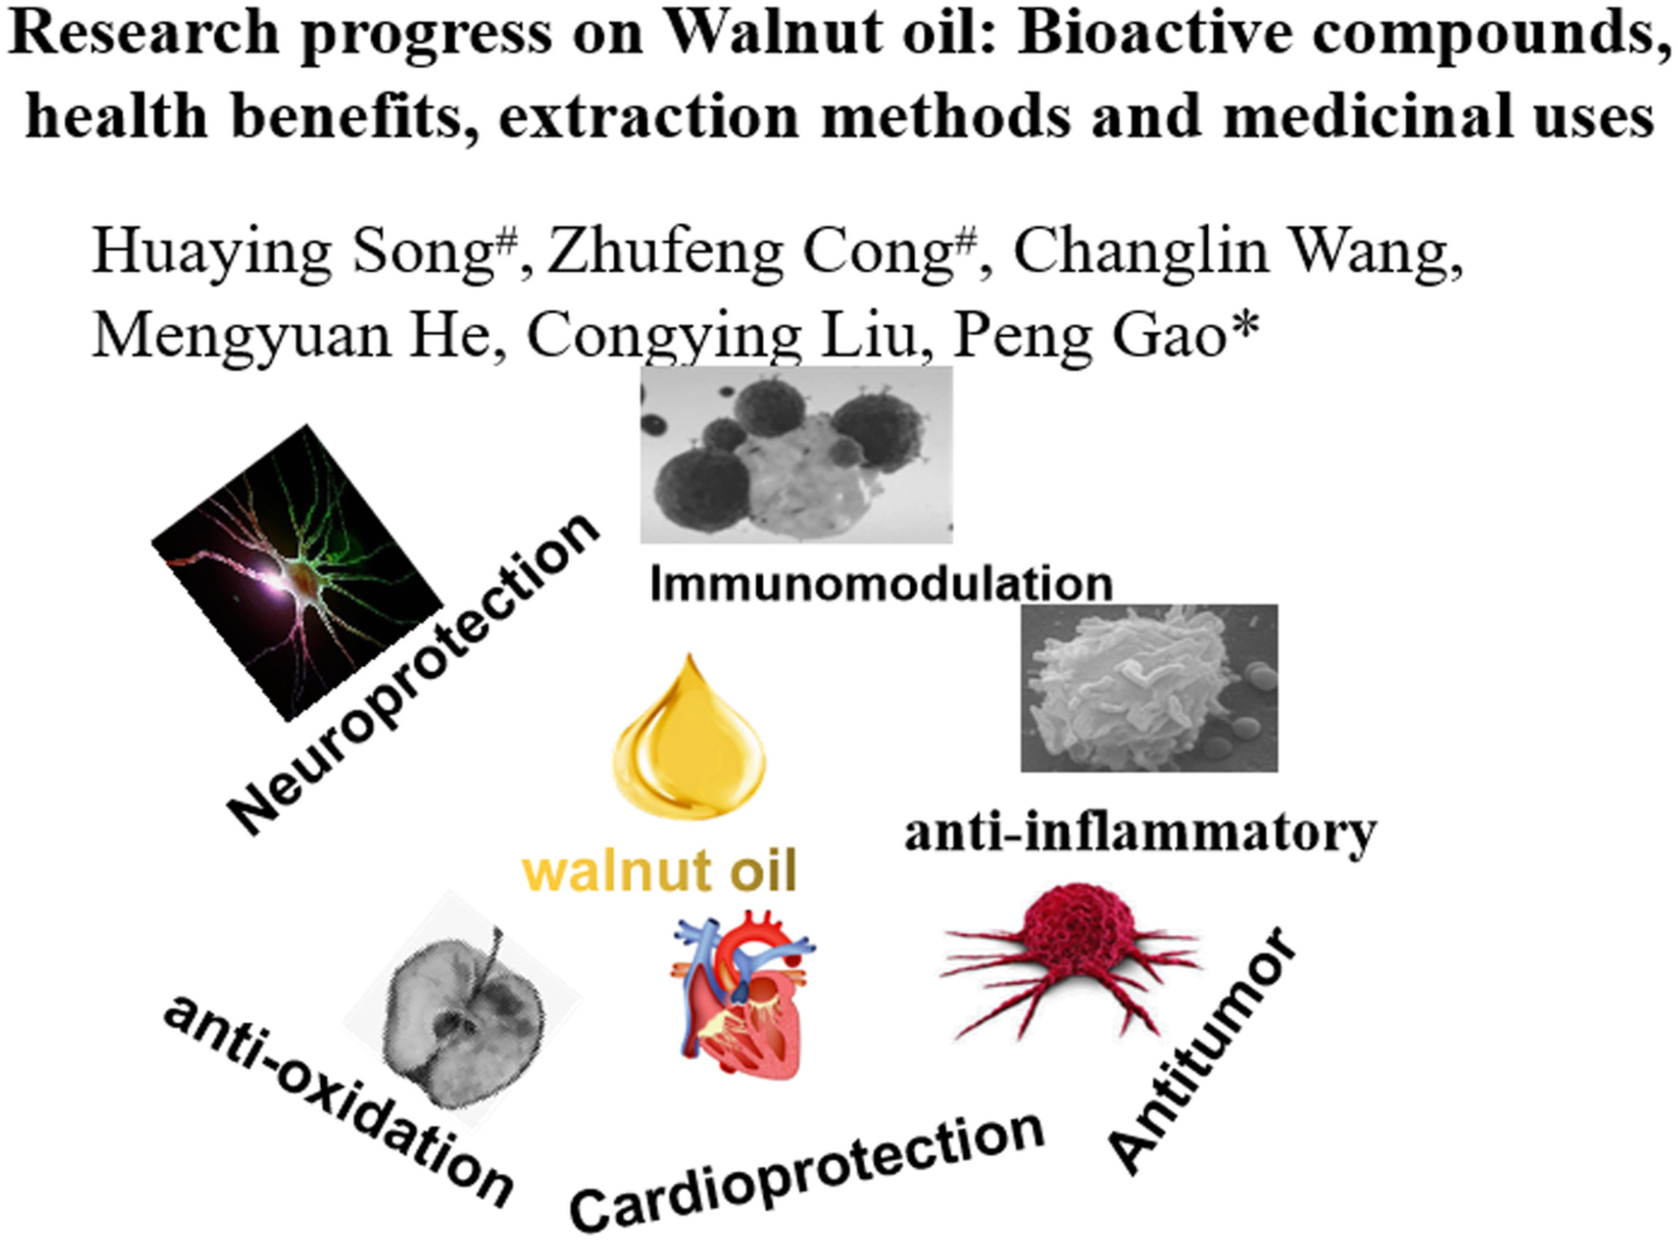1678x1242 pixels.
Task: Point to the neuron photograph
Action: pos(297,573)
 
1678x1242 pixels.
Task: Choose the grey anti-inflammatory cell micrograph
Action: pos(1149,688)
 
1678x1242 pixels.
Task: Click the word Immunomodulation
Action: pos(881,584)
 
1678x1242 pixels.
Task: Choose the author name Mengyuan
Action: pos(241,338)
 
